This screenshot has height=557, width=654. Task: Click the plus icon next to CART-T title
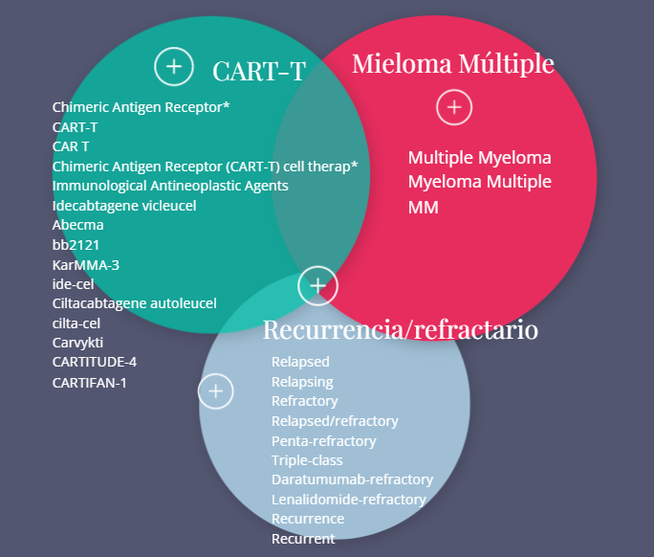tap(173, 66)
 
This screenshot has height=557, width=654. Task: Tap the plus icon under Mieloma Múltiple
tap(454, 107)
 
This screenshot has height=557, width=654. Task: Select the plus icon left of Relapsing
tap(216, 390)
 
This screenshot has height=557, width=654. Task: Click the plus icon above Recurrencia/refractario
tap(317, 285)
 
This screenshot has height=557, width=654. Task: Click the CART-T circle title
tap(258, 71)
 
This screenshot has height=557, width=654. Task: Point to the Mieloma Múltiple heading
tap(453, 63)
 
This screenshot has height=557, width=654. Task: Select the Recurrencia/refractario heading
tap(400, 330)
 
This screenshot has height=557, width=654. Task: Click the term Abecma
tap(77, 225)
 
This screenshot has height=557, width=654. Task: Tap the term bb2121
tap(76, 245)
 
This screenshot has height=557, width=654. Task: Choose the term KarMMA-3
tap(86, 264)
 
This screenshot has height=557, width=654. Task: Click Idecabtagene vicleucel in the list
tap(124, 205)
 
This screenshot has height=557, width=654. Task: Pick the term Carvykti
tap(77, 343)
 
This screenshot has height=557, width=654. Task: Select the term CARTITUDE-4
tap(95, 362)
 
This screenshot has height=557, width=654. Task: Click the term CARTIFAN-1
tap(90, 382)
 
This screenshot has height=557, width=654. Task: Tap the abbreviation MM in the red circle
tap(423, 207)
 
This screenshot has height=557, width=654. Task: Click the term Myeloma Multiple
tap(479, 182)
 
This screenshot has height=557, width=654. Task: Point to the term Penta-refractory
tap(323, 441)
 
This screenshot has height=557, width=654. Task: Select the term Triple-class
tap(307, 460)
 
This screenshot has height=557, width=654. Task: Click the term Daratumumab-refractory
tap(352, 479)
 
